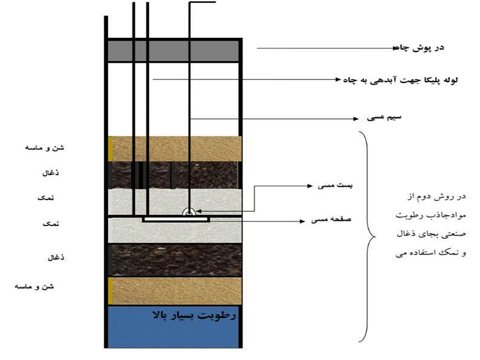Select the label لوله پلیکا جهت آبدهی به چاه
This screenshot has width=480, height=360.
pyautogui.click(x=400, y=80)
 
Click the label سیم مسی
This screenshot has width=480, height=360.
pyautogui.click(x=384, y=117)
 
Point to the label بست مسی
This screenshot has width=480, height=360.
pyautogui.click(x=335, y=185)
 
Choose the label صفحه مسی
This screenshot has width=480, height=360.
pyautogui.click(x=331, y=219)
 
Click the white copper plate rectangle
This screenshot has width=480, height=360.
pyautogui.click(x=176, y=219)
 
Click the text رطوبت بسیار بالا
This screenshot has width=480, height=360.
pyautogui.click(x=194, y=315)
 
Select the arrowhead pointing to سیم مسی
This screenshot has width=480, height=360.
pyautogui.click(x=356, y=119)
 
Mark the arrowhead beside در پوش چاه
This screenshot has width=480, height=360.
pyautogui.click(x=395, y=48)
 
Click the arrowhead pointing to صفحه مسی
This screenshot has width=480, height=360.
pyautogui.click(x=302, y=221)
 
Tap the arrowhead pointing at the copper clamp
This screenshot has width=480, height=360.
pyautogui.click(x=199, y=211)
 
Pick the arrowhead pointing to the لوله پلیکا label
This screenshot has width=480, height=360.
pyautogui.click(x=338, y=80)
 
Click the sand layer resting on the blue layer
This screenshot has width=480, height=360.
pyautogui.click(x=175, y=290)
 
